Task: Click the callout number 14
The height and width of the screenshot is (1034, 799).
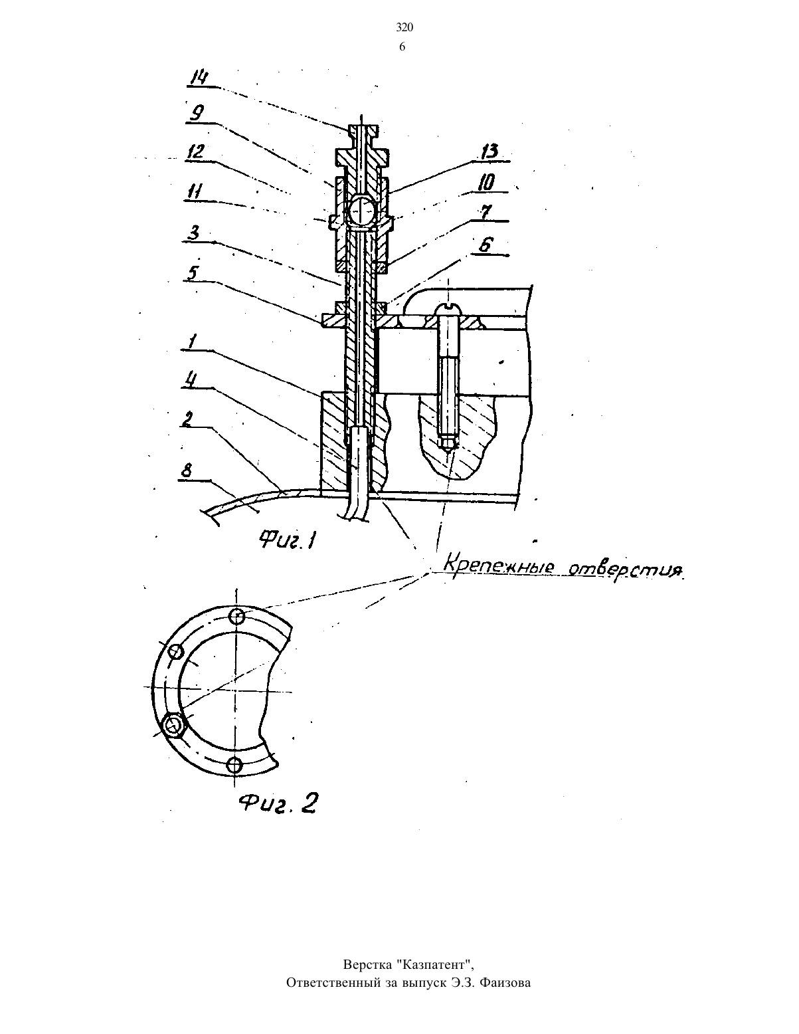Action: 199,78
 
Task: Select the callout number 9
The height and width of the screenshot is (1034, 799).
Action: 196,113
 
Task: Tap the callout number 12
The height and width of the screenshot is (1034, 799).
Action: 196,152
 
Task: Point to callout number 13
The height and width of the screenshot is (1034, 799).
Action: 489,152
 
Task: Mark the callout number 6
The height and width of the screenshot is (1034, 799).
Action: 485,246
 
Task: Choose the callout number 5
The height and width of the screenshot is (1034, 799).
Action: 193,273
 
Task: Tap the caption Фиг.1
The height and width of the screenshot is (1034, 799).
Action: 288,539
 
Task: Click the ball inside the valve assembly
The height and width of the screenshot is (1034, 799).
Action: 361,209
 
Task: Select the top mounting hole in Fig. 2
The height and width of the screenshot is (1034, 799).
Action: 237,617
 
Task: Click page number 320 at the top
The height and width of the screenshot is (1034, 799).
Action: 404,28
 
